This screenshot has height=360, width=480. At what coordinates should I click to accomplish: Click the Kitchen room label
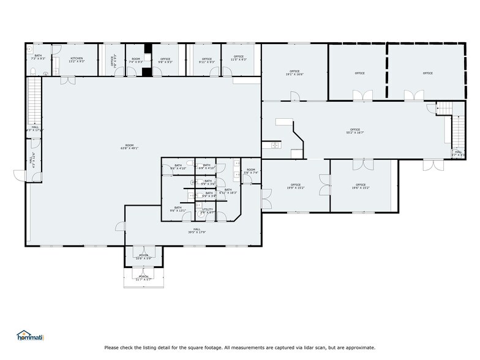click(x=77, y=60)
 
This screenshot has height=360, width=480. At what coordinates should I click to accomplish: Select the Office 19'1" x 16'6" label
click(x=295, y=73)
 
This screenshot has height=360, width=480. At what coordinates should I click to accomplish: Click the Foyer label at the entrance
click(x=144, y=257)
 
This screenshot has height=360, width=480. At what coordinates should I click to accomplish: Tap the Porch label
click(x=144, y=277)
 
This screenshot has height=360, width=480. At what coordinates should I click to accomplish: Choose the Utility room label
click(x=208, y=211)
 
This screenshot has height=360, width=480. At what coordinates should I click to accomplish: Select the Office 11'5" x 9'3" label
click(x=238, y=60)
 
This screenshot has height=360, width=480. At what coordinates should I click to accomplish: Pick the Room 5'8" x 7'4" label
click(x=250, y=171)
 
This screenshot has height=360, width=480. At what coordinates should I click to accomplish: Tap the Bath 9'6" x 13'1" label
click(x=178, y=209)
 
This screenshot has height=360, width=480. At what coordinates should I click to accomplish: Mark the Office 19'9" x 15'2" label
click(x=296, y=186)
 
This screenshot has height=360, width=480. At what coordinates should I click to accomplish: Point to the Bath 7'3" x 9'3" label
click(x=38, y=57)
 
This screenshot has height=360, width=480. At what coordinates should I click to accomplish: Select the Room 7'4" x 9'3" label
click(x=135, y=60)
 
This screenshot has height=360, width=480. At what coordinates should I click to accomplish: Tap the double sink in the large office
click(x=271, y=145)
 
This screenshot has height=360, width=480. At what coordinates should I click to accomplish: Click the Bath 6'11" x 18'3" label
click(x=228, y=191)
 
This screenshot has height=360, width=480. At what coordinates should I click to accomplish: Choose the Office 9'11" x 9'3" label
click(x=206, y=60)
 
